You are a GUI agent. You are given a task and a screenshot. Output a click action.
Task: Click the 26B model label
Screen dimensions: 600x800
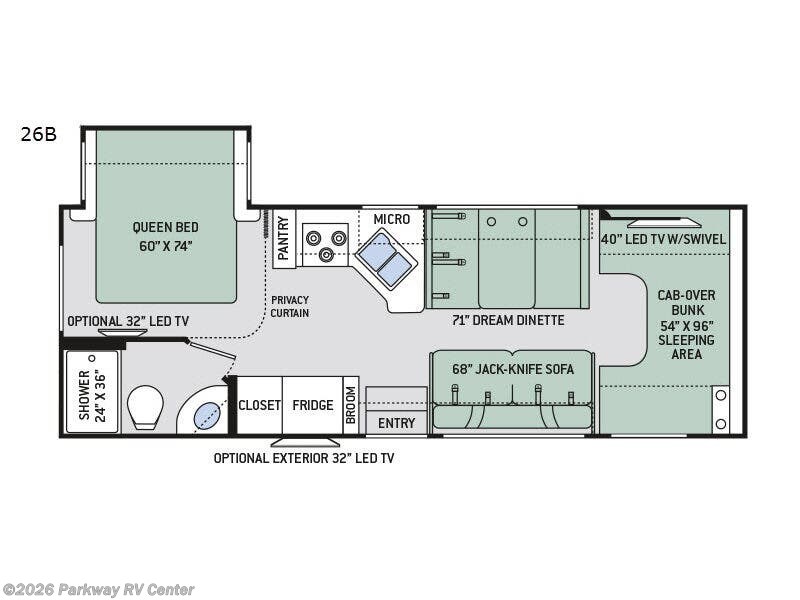click(x=38, y=134)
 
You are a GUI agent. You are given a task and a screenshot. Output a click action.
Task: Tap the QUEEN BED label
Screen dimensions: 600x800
click(x=166, y=235)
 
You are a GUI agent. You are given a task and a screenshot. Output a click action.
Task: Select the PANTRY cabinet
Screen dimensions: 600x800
click(x=284, y=240)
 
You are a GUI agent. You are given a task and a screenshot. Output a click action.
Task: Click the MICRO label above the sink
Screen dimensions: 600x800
click(x=391, y=219)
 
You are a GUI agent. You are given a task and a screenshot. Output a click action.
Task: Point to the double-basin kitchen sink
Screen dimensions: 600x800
click(x=386, y=258)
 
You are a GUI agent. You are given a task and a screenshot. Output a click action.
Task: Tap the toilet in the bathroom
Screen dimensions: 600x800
click(x=145, y=408)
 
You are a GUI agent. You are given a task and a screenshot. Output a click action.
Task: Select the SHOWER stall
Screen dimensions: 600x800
click(x=92, y=392)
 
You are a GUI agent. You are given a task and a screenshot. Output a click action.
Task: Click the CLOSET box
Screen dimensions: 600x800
click(x=259, y=405)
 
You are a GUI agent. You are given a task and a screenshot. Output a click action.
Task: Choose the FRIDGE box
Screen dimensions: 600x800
click(x=312, y=405)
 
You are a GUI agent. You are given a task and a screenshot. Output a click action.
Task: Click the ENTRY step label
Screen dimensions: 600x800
click(x=396, y=423)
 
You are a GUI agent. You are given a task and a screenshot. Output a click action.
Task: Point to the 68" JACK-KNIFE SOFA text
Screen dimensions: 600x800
click(x=512, y=369)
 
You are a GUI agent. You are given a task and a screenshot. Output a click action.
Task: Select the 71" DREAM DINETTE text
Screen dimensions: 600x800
click(x=507, y=320)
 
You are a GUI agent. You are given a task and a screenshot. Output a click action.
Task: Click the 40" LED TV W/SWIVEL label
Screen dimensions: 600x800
click(x=664, y=239)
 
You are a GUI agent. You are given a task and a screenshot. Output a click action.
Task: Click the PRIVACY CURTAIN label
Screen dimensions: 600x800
click(x=289, y=306)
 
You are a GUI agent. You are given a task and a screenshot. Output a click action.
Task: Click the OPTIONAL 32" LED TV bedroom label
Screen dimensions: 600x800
click(x=128, y=321)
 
